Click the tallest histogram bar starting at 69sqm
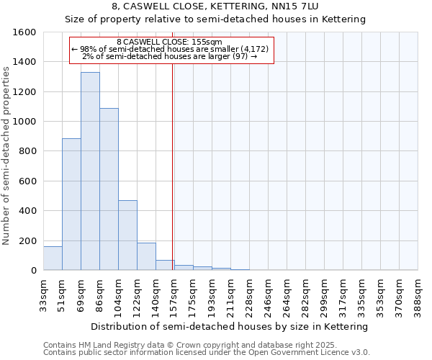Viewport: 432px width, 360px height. (x=90, y=171)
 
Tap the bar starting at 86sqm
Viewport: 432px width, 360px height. (x=109, y=189)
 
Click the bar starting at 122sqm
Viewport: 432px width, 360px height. (x=146, y=256)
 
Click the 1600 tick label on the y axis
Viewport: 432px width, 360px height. (x=25, y=32)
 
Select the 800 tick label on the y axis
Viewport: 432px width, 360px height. (x=28, y=151)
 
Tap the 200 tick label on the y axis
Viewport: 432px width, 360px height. (x=28, y=240)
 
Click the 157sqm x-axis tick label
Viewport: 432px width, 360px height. (x=175, y=294)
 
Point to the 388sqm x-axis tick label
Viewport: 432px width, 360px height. (x=418, y=294)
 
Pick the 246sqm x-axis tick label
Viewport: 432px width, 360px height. (x=269, y=294)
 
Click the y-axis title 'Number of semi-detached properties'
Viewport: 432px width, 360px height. (x=6, y=153)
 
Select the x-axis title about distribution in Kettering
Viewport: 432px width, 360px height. (x=230, y=326)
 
